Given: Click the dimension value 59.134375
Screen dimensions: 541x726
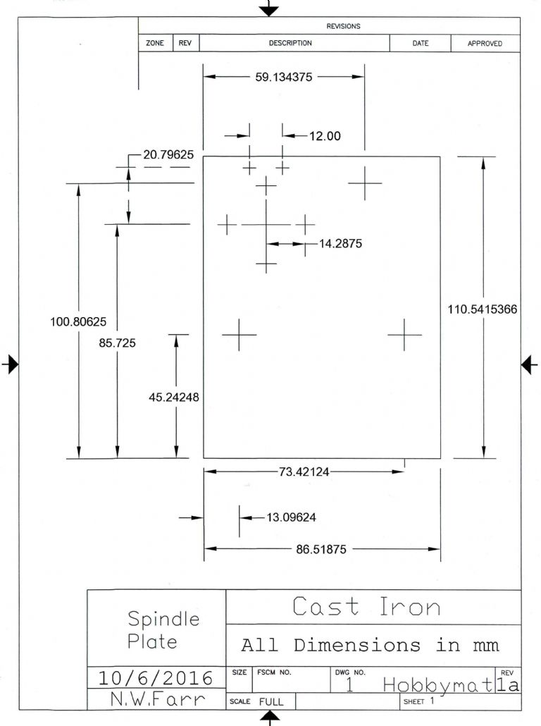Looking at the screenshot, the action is tap(284, 77).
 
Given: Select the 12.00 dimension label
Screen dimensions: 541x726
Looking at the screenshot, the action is tap(325, 135).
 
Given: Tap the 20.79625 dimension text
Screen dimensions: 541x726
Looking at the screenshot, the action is tap(168, 154).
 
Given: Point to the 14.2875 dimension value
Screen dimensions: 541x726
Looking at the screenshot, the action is tap(341, 243).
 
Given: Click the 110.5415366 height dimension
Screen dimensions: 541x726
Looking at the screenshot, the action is tap(483, 309).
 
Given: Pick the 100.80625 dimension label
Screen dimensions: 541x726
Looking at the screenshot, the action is tap(78, 321).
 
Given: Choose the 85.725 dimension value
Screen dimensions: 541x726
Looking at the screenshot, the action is tap(117, 343).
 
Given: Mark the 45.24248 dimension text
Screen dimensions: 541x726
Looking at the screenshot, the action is tap(174, 397).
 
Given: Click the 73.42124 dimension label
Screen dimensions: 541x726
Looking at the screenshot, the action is tap(304, 472).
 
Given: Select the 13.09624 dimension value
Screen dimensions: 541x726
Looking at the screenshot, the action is tap(291, 517).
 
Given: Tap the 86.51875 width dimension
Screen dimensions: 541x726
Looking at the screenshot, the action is tap(321, 549).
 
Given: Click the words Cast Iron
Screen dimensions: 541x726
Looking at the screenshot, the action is tap(366, 606).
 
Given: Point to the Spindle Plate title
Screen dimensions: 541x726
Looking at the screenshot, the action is tap(163, 630).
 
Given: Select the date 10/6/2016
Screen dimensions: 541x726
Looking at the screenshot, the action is tap(156, 678).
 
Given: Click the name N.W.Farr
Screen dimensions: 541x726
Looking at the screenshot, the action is tap(158, 699).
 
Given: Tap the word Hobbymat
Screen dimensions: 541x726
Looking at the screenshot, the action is tap(437, 684).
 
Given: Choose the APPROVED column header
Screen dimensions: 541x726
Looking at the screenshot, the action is tap(485, 44).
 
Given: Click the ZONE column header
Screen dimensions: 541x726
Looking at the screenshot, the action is tap(155, 43).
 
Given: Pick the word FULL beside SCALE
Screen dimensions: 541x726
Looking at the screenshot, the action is tap(271, 701).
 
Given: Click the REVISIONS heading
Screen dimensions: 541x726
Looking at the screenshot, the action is tap(343, 26).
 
